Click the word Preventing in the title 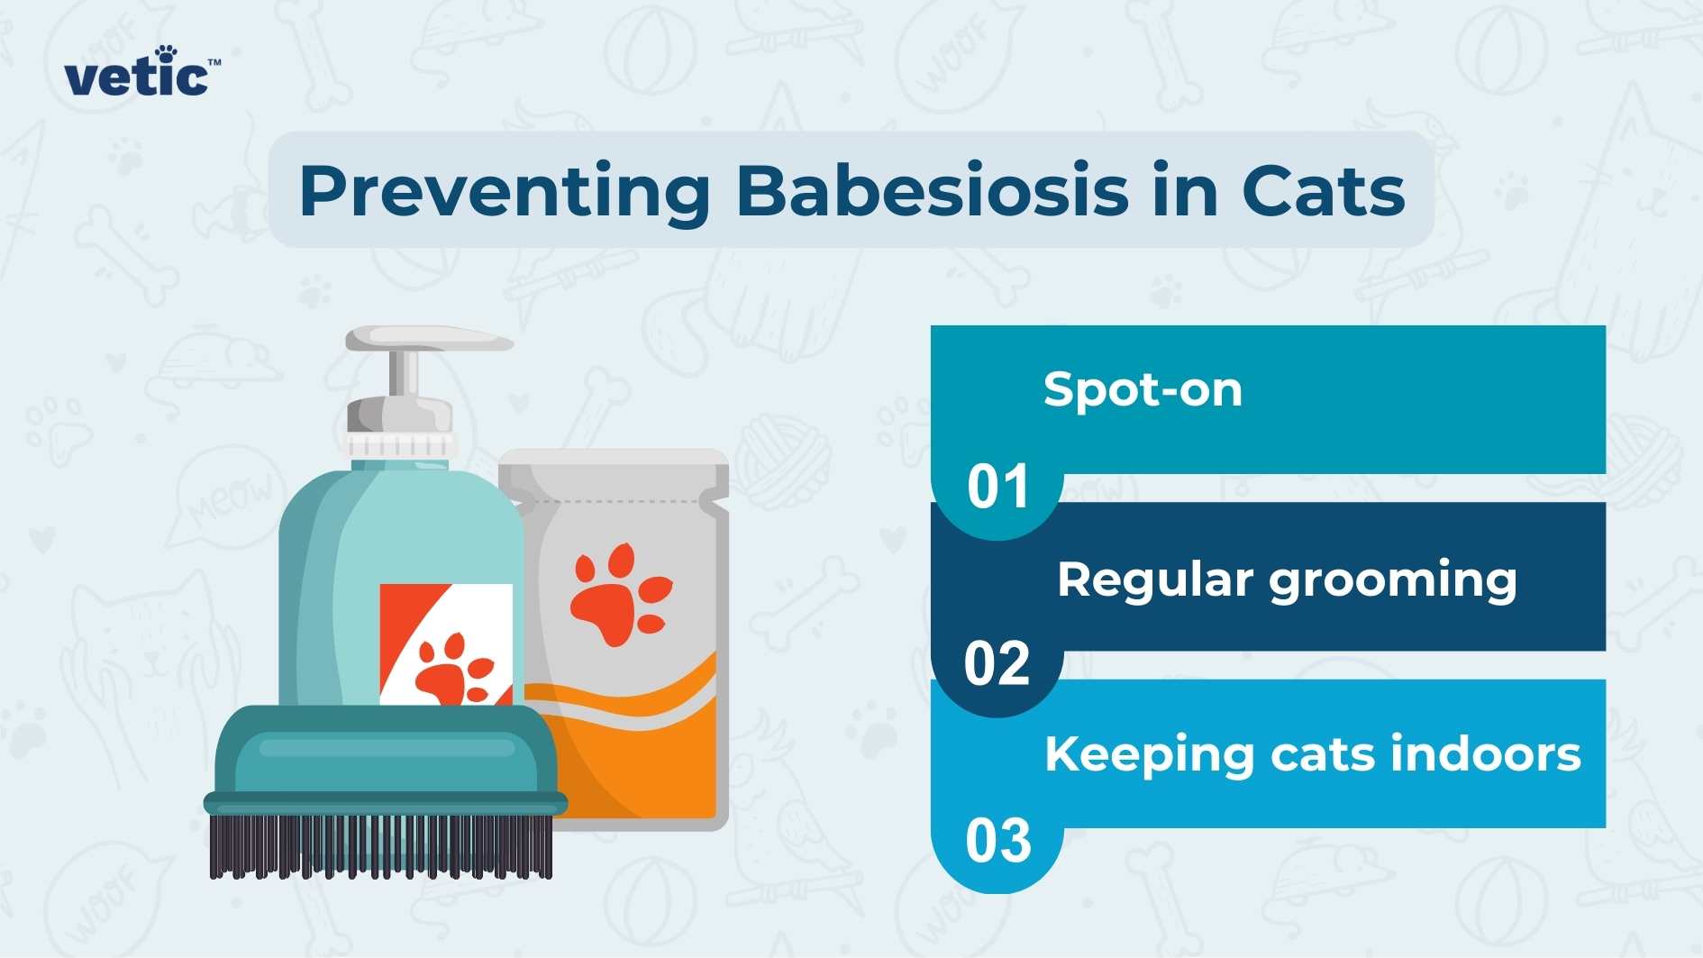point(505,191)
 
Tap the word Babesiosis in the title point(932,191)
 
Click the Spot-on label point(1143,390)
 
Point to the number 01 point(997,488)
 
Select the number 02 point(997,664)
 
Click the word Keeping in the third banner point(1149,755)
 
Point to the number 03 point(997,841)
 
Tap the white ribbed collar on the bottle point(399,445)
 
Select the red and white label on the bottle point(445,642)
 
